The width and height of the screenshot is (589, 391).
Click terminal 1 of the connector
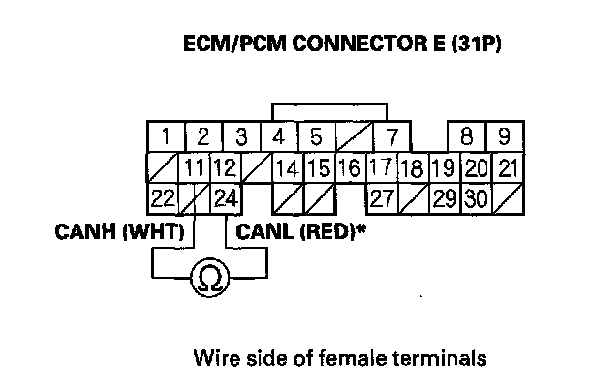click(x=167, y=135)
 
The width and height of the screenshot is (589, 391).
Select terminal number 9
click(x=504, y=135)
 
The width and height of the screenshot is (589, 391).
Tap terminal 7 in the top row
click(x=392, y=135)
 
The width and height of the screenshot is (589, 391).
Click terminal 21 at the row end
click(x=507, y=168)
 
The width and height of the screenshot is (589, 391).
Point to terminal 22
click(x=164, y=200)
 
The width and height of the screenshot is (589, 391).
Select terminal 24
click(x=226, y=200)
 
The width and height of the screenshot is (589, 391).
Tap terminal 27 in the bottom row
click(x=382, y=200)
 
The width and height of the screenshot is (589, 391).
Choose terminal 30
click(x=476, y=200)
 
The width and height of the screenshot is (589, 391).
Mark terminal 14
click(x=288, y=168)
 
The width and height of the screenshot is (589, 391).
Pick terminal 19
click(x=445, y=168)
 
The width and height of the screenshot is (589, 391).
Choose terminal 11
click(x=195, y=168)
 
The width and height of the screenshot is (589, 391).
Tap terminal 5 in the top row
click(x=315, y=135)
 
